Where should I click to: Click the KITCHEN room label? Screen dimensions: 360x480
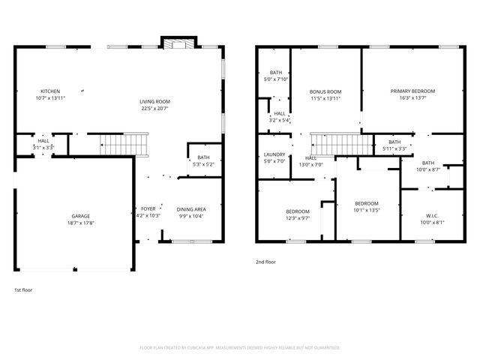point(50,91)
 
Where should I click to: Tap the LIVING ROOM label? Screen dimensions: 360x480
point(154,101)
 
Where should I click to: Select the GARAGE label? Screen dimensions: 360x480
point(81,216)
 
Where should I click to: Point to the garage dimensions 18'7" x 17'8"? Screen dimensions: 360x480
point(81,223)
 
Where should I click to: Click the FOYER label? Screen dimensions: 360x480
point(148,209)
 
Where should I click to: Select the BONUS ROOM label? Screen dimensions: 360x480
point(325,91)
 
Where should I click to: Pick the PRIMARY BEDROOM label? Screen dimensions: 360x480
point(412,91)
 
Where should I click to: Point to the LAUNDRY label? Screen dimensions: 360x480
point(274,154)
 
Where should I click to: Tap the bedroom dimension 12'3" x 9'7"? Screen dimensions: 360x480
point(298,218)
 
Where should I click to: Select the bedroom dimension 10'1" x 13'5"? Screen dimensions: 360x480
point(367,210)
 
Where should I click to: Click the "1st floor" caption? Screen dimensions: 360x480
point(23,289)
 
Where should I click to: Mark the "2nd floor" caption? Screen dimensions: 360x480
point(266,262)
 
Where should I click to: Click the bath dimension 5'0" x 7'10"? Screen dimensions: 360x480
point(276,79)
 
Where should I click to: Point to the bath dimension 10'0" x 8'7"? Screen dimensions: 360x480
point(427,169)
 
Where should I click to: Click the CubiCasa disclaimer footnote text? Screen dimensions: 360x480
point(240,347)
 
